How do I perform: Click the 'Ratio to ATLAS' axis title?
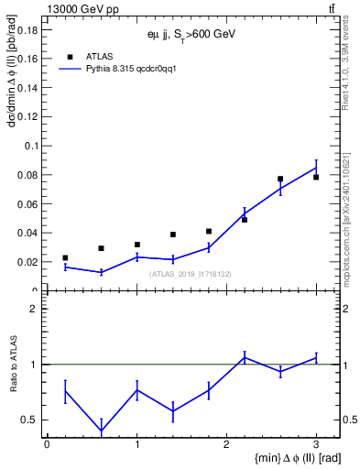pyautogui.click(x=13, y=364)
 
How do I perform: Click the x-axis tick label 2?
pyautogui.click(x=226, y=443)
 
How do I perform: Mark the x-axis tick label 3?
pyautogui.click(x=316, y=443)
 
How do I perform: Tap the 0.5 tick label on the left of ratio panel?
pyautogui.click(x=29, y=420)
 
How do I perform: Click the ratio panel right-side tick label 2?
pyautogui.click(x=350, y=309)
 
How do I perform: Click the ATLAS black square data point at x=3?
pyautogui.click(x=316, y=177)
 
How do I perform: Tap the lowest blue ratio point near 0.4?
pyautogui.click(x=101, y=431)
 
